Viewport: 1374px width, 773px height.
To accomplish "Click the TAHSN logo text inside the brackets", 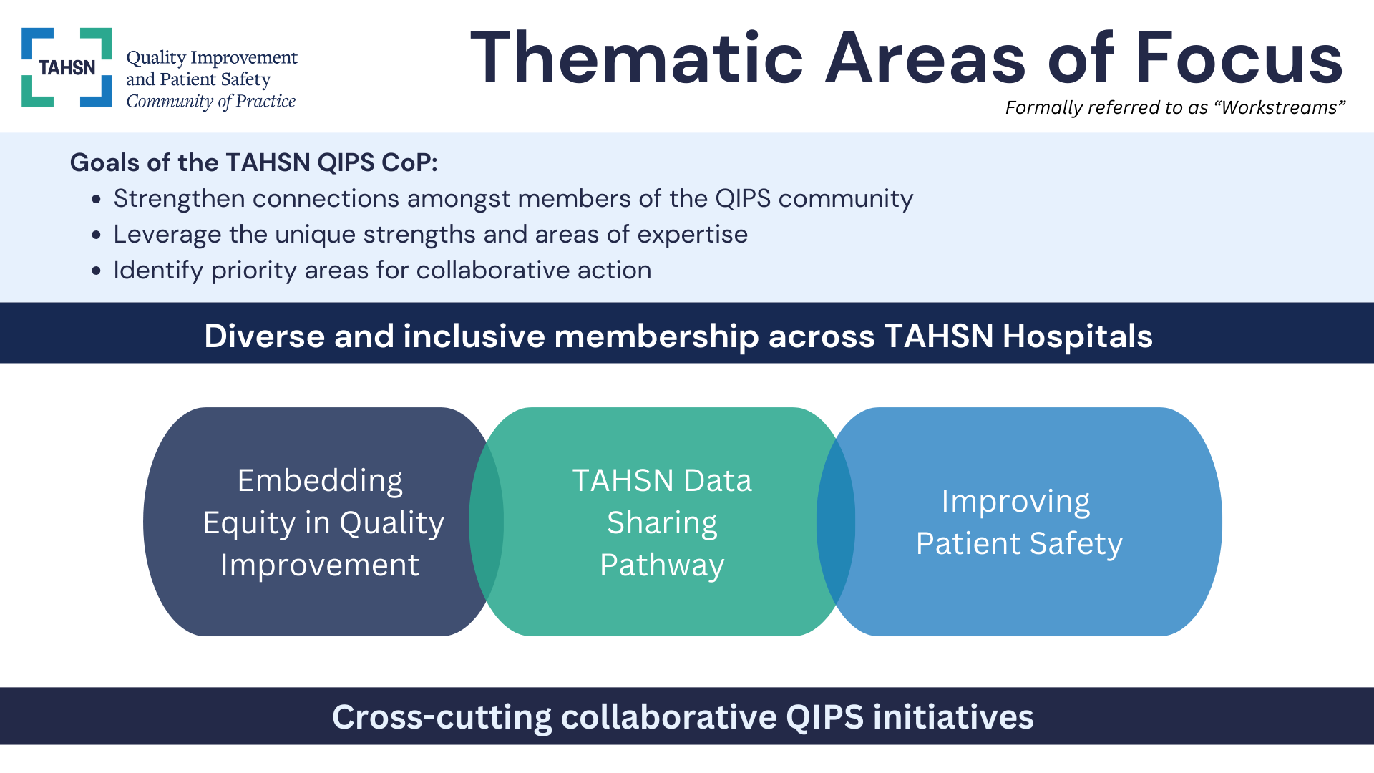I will tap(67, 68).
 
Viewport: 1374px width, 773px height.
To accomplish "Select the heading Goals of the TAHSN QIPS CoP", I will tap(253, 162).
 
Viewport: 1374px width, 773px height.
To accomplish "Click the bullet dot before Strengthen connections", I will tap(97, 200).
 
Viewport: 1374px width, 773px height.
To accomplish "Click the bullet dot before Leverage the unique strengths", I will tap(97, 235).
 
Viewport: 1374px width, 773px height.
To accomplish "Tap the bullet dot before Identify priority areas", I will tap(97, 271).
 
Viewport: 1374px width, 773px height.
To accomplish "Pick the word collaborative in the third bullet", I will tap(493, 271).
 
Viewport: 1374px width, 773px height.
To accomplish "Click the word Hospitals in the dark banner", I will tap(1077, 336).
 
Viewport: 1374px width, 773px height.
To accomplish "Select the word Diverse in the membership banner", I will tap(264, 336).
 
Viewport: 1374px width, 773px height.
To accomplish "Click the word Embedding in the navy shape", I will tap(320, 480).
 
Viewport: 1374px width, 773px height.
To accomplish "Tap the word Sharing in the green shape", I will tap(662, 523).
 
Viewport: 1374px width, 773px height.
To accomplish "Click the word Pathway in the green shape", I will tap(662, 565).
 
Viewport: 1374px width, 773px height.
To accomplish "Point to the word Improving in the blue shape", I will tap(1015, 502).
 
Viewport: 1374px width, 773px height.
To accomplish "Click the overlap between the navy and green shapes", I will tap(487, 521).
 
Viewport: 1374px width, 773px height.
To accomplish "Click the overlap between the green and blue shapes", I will tap(836, 521).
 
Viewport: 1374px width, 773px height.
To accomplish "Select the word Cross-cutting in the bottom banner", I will tap(442, 717).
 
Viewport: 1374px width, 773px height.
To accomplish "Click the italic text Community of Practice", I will tap(210, 102).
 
